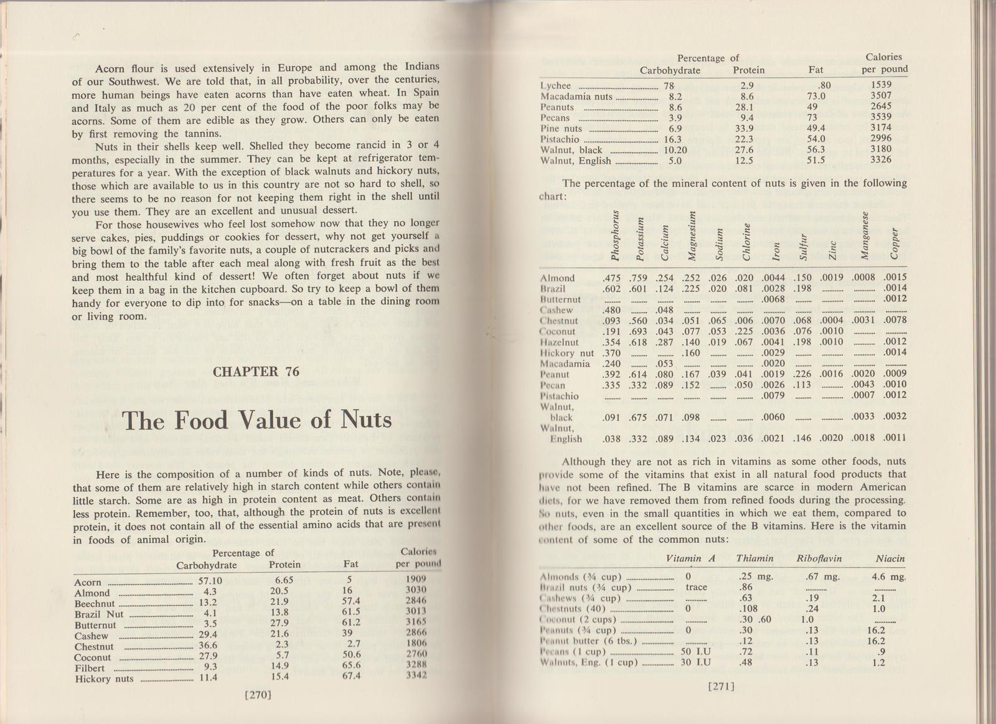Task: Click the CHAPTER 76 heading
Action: click(x=256, y=372)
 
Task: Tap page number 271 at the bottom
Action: click(x=721, y=687)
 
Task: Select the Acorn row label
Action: click(x=88, y=583)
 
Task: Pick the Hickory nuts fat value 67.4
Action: click(x=352, y=677)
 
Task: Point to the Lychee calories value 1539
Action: click(x=881, y=85)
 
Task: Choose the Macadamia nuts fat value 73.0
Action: click(x=816, y=96)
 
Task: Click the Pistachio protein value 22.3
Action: click(x=743, y=139)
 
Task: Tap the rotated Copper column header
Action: click(x=895, y=244)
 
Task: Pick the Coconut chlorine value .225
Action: click(x=744, y=331)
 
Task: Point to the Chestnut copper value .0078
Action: click(x=895, y=320)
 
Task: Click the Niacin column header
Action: click(x=890, y=558)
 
